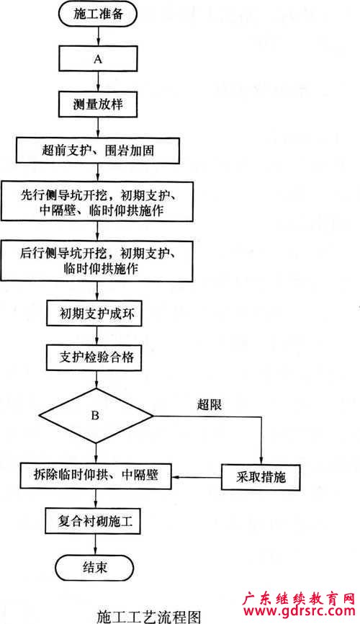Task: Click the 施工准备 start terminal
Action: click(98, 14)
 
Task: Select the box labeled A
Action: click(98, 59)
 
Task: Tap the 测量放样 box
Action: click(98, 104)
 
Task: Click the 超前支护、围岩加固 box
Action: click(98, 151)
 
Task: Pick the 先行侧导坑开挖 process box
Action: click(97, 202)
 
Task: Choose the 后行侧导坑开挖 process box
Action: click(97, 262)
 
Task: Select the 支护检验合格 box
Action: click(94, 357)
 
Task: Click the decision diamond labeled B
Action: click(96, 416)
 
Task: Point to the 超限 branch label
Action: click(210, 405)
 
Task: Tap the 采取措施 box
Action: click(261, 477)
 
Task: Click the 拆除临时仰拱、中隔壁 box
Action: click(96, 476)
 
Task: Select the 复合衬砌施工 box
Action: click(93, 520)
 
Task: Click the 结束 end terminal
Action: click(94, 568)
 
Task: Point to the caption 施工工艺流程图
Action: click(149, 616)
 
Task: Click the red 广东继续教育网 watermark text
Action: click(299, 598)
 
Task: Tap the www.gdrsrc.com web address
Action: click(299, 611)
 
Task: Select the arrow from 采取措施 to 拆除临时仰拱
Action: click(197, 477)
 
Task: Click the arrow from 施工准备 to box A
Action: click(98, 36)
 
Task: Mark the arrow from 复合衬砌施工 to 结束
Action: click(95, 545)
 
